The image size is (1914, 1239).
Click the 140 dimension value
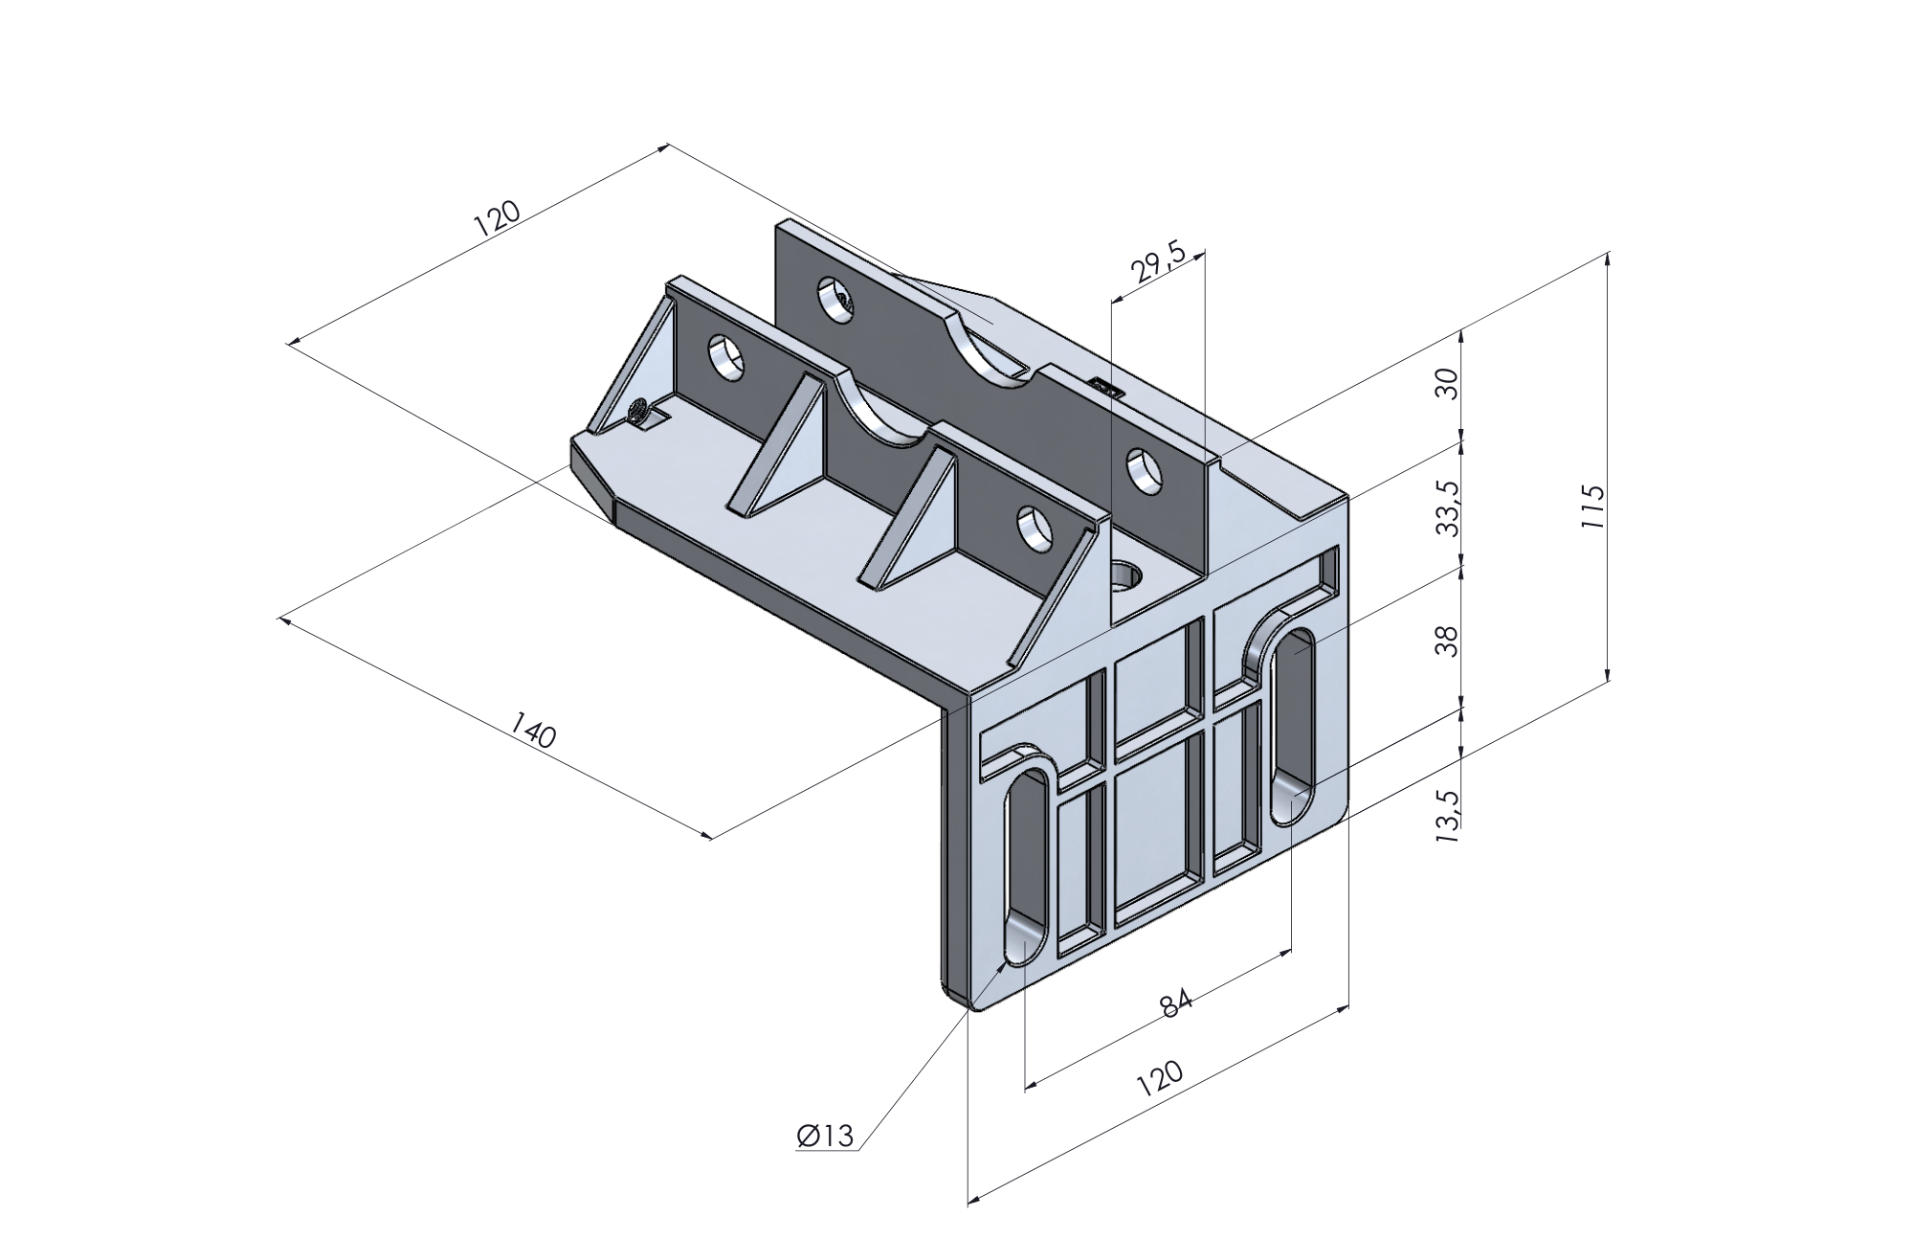[x=532, y=730]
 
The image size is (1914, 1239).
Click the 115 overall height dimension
[x=1591, y=511]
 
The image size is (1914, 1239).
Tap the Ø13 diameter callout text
[x=824, y=1136]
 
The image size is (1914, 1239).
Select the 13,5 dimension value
[x=1447, y=815]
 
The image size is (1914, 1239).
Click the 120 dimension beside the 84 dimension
[x=1160, y=1079]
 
